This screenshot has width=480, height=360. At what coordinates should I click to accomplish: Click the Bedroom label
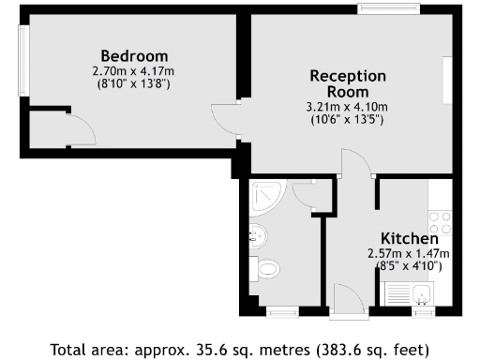[x=134, y=54]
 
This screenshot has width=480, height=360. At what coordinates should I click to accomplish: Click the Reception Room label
[x=348, y=83]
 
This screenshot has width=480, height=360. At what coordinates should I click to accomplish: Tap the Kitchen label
[x=409, y=238]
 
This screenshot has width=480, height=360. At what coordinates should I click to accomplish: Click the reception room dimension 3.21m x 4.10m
[x=349, y=107]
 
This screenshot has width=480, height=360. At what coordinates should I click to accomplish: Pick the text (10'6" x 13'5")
[x=349, y=119]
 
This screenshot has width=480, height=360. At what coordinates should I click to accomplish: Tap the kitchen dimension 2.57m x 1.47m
[x=409, y=253]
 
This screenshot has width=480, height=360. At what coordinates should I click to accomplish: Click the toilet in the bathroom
[x=268, y=269]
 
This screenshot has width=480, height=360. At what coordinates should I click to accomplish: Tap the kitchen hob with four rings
[x=439, y=223]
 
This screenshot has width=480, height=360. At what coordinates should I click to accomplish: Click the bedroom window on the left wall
[x=24, y=55]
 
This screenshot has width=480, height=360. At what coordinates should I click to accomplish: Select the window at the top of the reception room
[x=387, y=9]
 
